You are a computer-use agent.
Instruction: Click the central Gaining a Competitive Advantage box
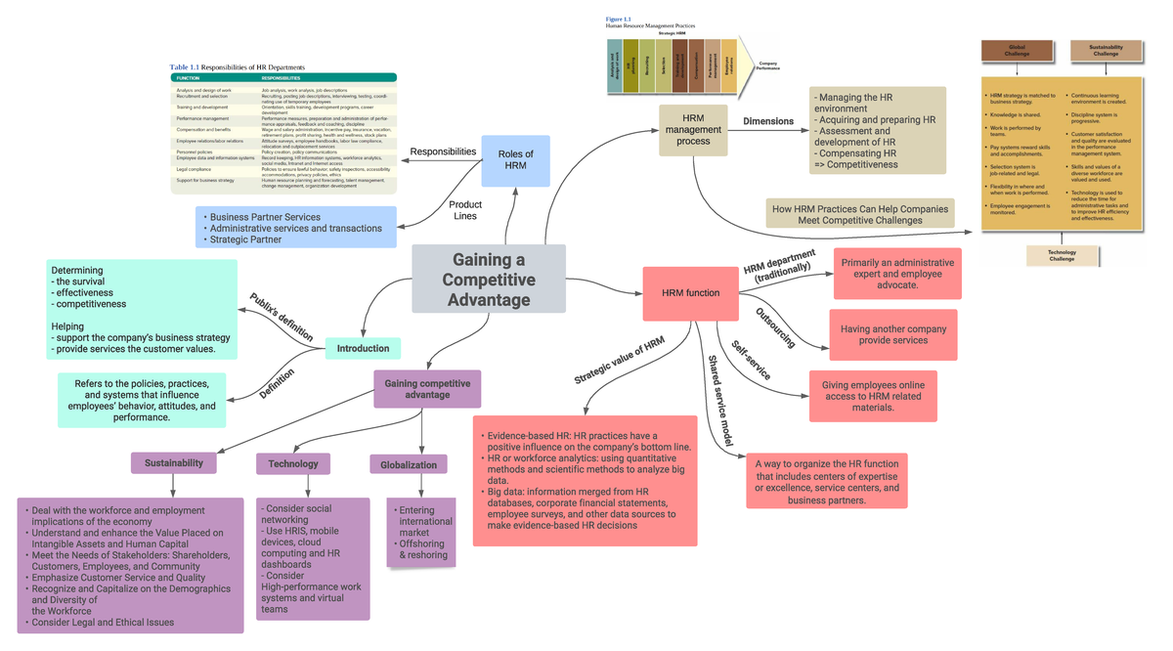[488, 279]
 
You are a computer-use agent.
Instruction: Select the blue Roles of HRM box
[515, 160]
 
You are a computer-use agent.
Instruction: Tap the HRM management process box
[693, 129]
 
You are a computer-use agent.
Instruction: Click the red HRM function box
[690, 293]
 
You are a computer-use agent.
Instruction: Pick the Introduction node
[363, 348]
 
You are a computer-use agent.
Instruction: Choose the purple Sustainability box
[174, 462]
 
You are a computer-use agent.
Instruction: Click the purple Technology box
[293, 463]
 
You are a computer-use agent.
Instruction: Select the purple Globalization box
[409, 464]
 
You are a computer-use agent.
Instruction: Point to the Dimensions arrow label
[768, 121]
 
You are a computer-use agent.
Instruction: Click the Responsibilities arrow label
[443, 152]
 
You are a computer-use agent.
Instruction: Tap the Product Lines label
[465, 210]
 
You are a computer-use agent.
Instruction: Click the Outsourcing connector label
[775, 327]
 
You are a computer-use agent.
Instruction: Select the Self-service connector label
[751, 360]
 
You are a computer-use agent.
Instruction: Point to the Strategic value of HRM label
[619, 360]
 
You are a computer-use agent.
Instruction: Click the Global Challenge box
[1017, 50]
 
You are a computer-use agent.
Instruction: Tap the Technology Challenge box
[1062, 255]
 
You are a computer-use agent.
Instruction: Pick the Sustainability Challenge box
[1106, 50]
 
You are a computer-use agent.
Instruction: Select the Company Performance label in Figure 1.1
[768, 65]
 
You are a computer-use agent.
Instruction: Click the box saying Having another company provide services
[893, 334]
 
